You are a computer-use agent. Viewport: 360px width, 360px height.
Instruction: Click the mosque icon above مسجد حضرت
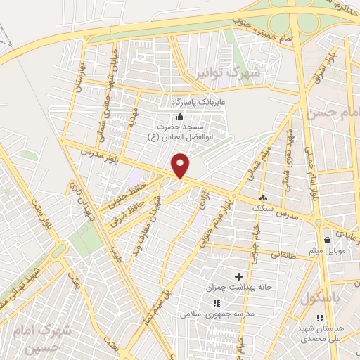[x=181, y=116]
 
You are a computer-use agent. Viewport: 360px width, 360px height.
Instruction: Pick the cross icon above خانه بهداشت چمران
[x=238, y=276]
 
